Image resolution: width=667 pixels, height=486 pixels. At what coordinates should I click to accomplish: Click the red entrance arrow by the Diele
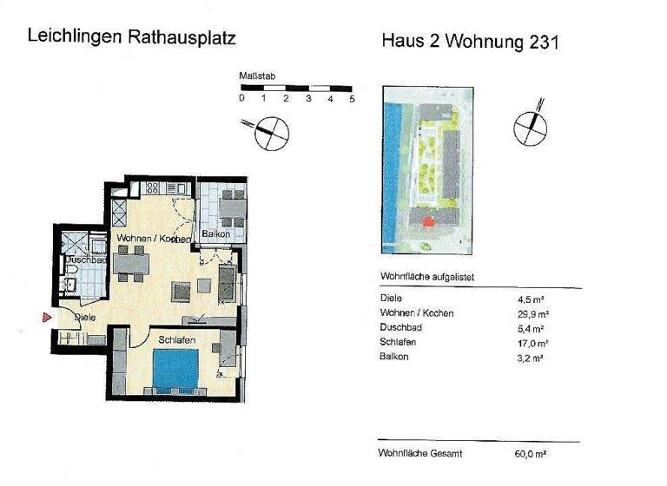coord(48,319)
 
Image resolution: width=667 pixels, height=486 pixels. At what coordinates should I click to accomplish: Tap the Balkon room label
coord(215,235)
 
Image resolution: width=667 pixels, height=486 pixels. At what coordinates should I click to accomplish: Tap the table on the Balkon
coord(232,207)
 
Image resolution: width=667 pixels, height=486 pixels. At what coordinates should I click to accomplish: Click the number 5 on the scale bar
coord(352,99)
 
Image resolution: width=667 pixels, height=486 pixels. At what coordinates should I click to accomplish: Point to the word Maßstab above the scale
coord(257,76)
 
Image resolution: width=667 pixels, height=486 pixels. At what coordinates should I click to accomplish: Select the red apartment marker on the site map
coord(426,223)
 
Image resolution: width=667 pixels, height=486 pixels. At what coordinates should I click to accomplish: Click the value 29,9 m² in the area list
coord(532,313)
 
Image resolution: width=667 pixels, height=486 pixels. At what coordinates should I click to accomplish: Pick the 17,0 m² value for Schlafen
coord(532,342)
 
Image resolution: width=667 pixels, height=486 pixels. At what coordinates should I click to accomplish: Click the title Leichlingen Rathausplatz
coord(131,37)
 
